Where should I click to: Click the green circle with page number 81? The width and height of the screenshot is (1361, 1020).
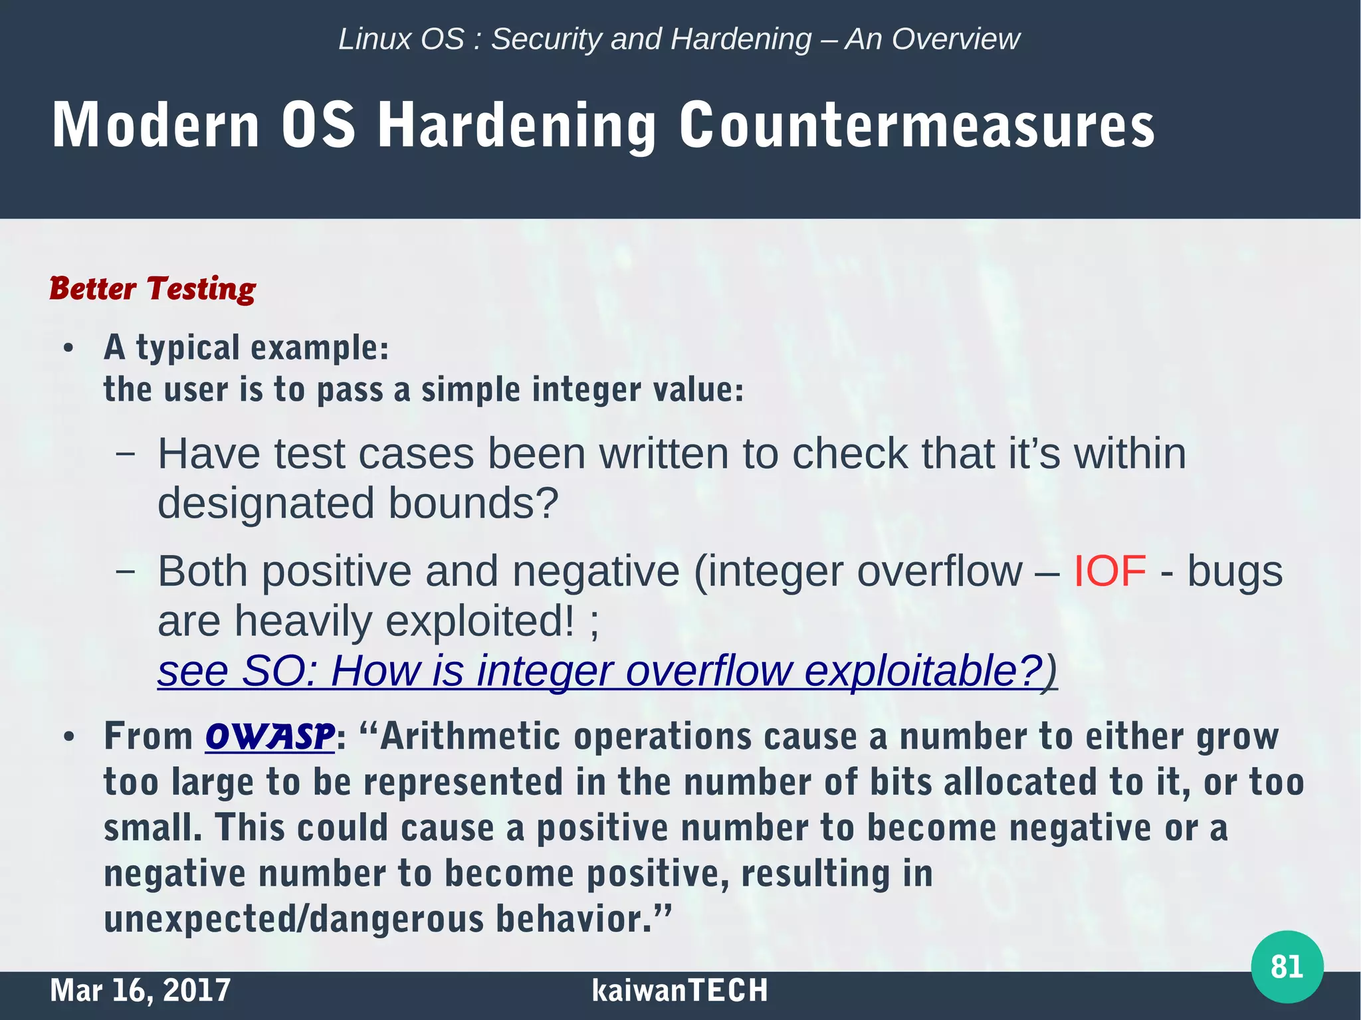point(1287,966)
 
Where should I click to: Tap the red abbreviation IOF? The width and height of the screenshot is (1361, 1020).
point(1110,571)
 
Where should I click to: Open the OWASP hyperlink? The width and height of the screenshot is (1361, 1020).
point(269,736)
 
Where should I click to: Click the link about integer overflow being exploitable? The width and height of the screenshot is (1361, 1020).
point(606,670)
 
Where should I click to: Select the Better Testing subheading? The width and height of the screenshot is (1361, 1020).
point(152,288)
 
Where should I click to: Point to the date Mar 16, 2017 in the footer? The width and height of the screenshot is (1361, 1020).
point(140,990)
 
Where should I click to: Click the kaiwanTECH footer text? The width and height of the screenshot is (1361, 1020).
point(679,990)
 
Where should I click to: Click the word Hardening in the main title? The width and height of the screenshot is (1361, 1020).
point(517,126)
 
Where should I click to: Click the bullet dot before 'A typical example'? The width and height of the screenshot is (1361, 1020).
point(68,348)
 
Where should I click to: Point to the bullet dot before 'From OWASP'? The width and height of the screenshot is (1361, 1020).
point(68,738)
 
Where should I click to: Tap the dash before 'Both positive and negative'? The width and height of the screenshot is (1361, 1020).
point(125,571)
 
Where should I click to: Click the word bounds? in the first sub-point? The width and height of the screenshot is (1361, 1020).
point(472,503)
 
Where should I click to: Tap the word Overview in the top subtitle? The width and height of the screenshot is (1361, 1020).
point(956,39)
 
